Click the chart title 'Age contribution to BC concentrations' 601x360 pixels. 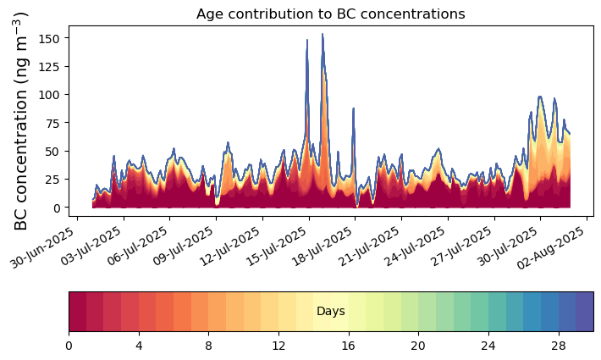(330, 14)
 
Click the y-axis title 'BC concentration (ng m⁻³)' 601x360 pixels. (22, 121)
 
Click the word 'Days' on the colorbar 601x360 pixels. (330, 312)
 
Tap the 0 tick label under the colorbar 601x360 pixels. (69, 346)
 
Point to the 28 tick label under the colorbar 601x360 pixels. (558, 346)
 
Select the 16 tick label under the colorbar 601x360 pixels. (348, 346)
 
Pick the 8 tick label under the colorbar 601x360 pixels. (208, 346)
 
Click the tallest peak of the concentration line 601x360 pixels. (322, 35)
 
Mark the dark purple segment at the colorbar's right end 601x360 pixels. (584, 312)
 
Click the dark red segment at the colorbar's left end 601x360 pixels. (77, 312)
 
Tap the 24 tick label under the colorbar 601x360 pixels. (488, 346)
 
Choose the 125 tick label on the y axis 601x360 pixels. (52, 66)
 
